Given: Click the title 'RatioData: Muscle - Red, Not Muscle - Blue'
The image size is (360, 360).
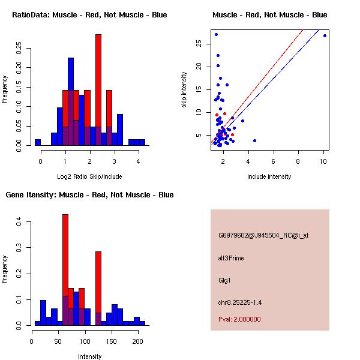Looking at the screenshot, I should coord(89,15).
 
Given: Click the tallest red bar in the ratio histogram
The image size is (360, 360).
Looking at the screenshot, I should coord(98,90).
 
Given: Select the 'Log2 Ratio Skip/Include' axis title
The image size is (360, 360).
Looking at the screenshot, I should coord(90,176).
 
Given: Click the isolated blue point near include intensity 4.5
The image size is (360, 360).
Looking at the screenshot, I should coord(254,140).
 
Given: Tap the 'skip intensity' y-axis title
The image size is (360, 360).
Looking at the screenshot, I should coord(184,90).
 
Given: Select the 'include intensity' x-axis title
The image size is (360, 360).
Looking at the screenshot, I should coord(269,176).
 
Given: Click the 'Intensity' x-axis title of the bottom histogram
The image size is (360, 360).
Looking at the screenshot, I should coord(90,356).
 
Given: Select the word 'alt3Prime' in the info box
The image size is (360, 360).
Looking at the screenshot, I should coord(231,258).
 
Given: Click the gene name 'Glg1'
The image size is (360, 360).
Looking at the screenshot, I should coord(225,280).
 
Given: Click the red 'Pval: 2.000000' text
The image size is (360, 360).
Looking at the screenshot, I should coord(239,319).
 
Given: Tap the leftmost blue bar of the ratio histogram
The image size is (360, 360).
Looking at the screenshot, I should coord(38,142).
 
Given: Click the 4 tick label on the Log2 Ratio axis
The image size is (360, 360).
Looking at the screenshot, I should coord(139,162).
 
